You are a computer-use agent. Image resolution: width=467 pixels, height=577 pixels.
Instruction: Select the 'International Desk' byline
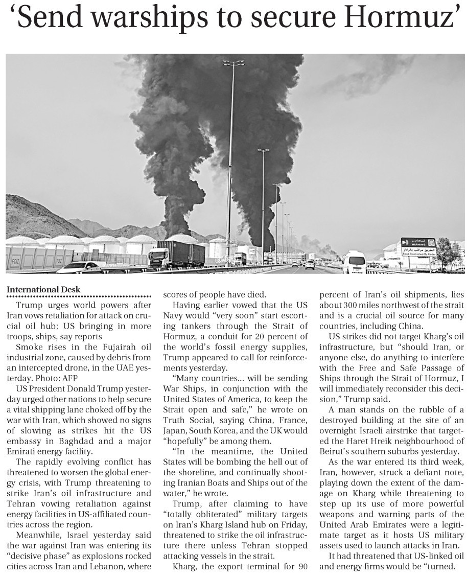43,290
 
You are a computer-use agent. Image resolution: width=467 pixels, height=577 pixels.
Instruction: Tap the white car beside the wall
79,267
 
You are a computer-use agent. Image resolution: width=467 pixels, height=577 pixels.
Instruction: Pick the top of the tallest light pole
233,63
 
